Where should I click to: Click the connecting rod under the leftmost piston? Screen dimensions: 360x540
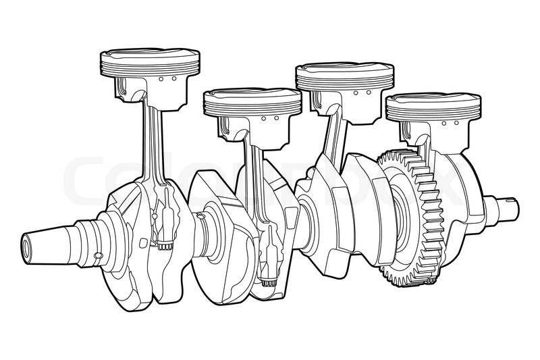point(153,142)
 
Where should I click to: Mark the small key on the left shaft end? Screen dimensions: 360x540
point(98,255)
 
